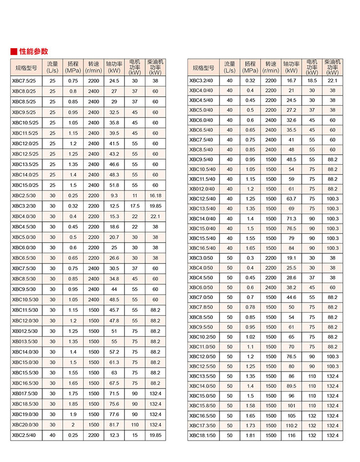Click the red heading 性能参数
pyautogui.click(x=34, y=52)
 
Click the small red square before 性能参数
pyautogui.click(x=14, y=52)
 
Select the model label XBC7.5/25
pyautogui.click(x=24, y=81)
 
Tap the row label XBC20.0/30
pyautogui.click(x=25, y=425)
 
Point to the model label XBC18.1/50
pyautogui.click(x=202, y=436)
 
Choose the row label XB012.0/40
pyautogui.click(x=202, y=189)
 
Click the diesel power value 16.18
pyautogui.click(x=155, y=195)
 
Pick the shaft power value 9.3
pyautogui.click(x=114, y=195)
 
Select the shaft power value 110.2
pyautogui.click(x=291, y=426)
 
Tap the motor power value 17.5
pyautogui.click(x=135, y=206)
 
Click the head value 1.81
pyautogui.click(x=250, y=436)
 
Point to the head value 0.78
pyautogui.click(x=250, y=307)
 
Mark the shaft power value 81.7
pyautogui.click(x=114, y=425)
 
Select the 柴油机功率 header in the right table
pyautogui.click(x=332, y=67)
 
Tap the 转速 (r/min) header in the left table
pyautogui.click(x=93, y=67)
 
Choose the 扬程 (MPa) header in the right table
pyautogui.click(x=250, y=67)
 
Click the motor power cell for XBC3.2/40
pyautogui.click(x=312, y=80)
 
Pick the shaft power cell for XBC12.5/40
pyautogui.click(x=291, y=199)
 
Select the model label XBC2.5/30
pyautogui.click(x=24, y=195)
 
